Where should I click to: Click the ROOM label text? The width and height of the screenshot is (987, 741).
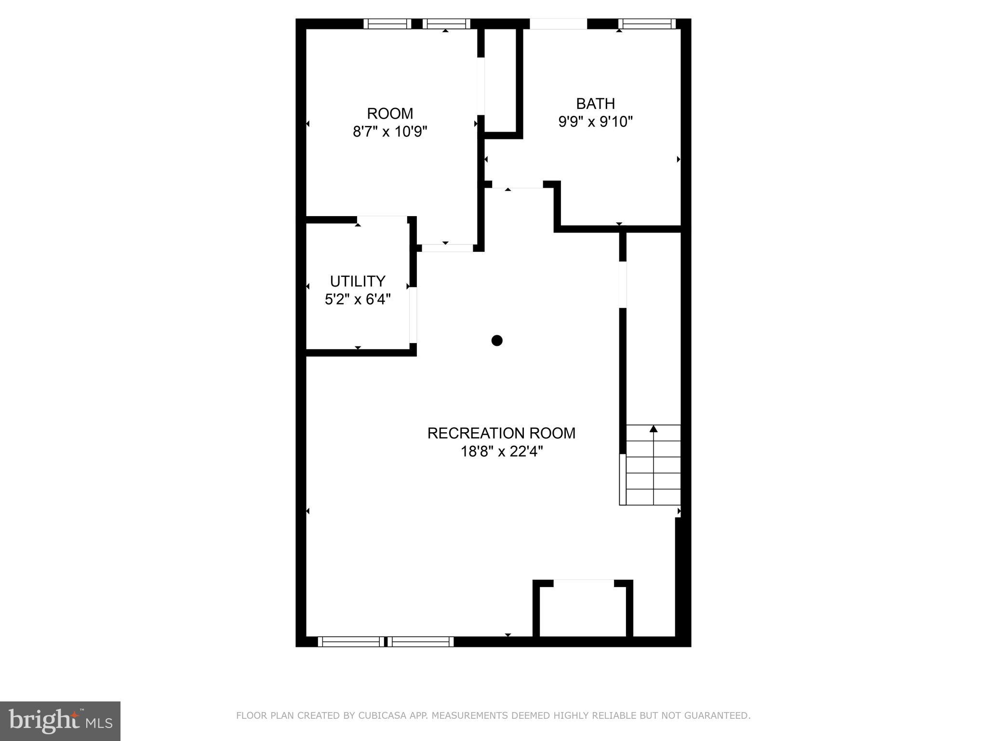pyautogui.click(x=390, y=114)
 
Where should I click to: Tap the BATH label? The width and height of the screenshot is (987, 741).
pyautogui.click(x=595, y=104)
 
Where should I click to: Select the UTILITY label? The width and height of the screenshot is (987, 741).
pyautogui.click(x=358, y=281)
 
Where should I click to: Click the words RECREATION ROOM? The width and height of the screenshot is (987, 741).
pyautogui.click(x=501, y=433)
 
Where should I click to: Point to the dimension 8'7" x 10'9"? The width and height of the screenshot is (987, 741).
pyautogui.click(x=390, y=132)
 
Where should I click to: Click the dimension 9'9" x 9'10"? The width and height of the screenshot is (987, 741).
pyautogui.click(x=595, y=122)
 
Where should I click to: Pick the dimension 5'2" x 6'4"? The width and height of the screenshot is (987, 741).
pyautogui.click(x=358, y=300)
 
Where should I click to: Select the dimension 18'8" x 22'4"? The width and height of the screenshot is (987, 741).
pyautogui.click(x=501, y=452)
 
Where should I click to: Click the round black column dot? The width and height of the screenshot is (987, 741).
pyautogui.click(x=497, y=341)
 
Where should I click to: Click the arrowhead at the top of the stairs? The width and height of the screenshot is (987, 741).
pyautogui.click(x=654, y=429)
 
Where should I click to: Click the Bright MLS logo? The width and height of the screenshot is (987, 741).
pyautogui.click(x=60, y=721)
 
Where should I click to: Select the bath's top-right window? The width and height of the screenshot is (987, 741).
pyautogui.click(x=647, y=24)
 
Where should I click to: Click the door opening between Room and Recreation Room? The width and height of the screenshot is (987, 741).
pyautogui.click(x=447, y=248)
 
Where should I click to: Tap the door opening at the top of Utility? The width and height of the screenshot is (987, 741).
pyautogui.click(x=382, y=220)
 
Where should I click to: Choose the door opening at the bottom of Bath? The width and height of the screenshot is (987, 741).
pyautogui.click(x=518, y=185)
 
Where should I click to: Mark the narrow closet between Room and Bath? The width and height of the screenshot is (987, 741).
pyautogui.click(x=501, y=80)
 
